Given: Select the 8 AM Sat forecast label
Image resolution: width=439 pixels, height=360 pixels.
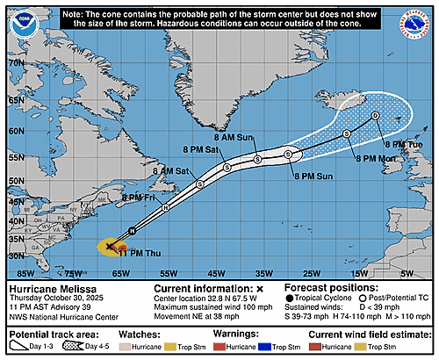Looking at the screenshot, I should coord(169,169).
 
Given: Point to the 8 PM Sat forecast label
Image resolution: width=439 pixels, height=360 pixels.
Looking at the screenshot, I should coord(205,149).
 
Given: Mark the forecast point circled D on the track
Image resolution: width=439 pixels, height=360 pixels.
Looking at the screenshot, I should coord(375,115).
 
